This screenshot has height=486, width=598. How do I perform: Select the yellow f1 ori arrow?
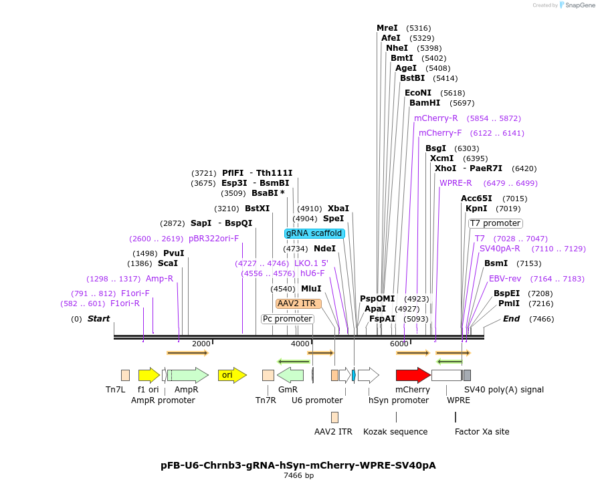click(x=148, y=375)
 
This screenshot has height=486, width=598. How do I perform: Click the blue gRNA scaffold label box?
click(x=314, y=233)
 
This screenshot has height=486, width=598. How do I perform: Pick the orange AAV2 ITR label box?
click(x=298, y=303)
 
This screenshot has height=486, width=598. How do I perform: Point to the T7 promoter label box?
click(x=495, y=223)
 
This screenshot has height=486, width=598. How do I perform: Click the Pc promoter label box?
click(x=287, y=319)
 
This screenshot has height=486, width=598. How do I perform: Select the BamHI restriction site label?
click(x=425, y=103)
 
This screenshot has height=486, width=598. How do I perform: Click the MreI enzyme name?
click(x=387, y=28)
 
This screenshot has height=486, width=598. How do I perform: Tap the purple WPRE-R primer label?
click(x=456, y=183)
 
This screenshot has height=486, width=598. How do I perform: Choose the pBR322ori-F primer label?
click(x=213, y=239)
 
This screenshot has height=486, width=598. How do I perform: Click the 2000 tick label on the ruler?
click(x=201, y=344)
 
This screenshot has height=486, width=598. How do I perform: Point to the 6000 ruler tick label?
click(x=399, y=344)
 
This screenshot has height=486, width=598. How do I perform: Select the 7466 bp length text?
click(x=299, y=476)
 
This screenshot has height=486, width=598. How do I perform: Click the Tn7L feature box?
click(x=125, y=375)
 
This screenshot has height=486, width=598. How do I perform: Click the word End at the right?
click(x=511, y=319)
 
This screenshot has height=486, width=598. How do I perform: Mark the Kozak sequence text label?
click(x=395, y=432)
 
